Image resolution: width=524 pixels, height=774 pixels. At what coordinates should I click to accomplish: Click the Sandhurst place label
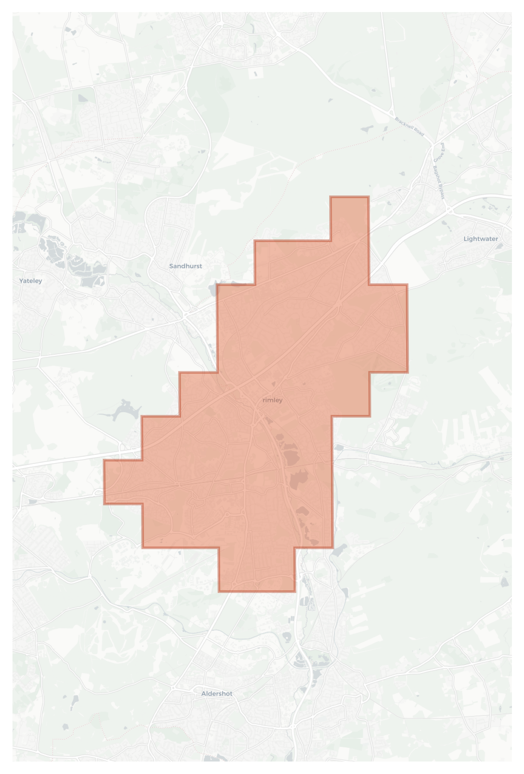(x=185, y=266)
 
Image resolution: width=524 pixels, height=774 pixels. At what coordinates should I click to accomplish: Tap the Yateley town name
(x=30, y=281)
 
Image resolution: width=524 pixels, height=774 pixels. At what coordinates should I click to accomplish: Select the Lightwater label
(x=480, y=239)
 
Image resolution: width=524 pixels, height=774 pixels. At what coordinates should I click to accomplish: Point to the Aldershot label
(x=216, y=694)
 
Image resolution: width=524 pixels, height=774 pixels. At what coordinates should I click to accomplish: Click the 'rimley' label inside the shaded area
(x=273, y=400)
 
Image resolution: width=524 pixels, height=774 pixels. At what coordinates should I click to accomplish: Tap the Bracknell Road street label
(x=409, y=127)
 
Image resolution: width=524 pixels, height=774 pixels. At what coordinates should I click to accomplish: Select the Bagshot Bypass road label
(x=439, y=182)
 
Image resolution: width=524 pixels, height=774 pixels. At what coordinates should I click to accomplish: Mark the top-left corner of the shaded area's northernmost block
(x=331, y=197)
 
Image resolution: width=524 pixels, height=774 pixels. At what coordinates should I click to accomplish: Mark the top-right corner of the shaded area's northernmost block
(x=369, y=197)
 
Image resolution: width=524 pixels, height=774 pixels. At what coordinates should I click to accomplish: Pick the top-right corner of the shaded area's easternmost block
(x=407, y=285)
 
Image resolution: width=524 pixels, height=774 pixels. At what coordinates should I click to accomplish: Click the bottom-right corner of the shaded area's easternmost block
(x=407, y=372)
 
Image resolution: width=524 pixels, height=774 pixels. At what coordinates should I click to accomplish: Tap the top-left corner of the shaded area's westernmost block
(x=104, y=460)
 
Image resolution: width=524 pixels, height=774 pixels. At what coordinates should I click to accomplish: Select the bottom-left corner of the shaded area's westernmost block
(x=104, y=504)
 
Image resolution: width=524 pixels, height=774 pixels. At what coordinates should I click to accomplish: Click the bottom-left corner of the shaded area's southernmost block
(x=219, y=591)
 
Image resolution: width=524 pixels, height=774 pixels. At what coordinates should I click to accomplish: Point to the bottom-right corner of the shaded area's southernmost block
(x=295, y=591)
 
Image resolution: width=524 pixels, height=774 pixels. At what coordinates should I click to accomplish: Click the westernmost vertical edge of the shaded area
(x=104, y=482)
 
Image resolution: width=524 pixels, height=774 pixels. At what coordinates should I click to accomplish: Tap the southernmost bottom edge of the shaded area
(x=257, y=591)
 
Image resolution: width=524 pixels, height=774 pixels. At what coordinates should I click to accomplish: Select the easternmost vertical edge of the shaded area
(x=407, y=329)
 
